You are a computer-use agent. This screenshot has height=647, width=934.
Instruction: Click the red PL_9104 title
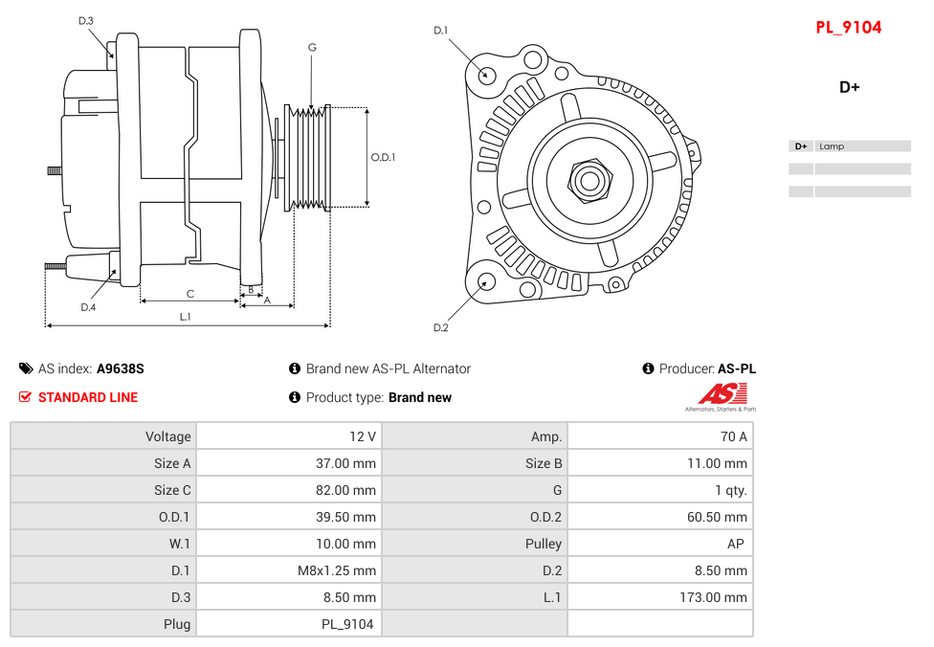coord(848,28)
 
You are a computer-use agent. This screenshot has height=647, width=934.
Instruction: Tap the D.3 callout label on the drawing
coord(86,21)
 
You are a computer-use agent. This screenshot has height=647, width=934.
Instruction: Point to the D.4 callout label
coord(88,307)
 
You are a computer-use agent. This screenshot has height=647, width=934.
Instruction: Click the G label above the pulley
coord(312,48)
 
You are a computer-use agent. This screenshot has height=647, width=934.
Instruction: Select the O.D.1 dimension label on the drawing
coord(383,158)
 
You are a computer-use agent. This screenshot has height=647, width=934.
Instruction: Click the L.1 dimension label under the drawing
coord(186,317)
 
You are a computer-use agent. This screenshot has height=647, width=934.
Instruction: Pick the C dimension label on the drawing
coord(190,294)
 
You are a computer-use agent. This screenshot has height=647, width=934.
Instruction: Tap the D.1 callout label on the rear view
coord(440,31)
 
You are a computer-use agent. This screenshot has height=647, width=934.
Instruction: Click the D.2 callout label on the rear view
coord(440,328)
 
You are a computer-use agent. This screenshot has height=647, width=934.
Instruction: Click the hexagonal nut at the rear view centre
coord(589,179)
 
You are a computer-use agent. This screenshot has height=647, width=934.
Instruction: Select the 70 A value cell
coord(734,436)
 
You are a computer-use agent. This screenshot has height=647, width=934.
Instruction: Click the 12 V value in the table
coord(363,436)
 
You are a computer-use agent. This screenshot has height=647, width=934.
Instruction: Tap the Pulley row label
coord(544,544)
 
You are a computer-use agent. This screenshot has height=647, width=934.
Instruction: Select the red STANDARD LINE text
coord(88,397)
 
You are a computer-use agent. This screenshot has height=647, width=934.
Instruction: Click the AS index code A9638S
coord(121,368)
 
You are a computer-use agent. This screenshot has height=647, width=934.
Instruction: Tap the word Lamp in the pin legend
coord(832,146)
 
